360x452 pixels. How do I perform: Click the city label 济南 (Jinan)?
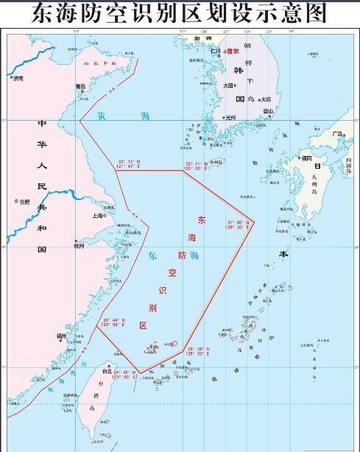18,77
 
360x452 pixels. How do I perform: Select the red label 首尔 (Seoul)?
233,52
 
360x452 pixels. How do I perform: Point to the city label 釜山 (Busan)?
268,111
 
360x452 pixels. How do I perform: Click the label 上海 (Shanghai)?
96,216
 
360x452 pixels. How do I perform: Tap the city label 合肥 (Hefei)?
25,202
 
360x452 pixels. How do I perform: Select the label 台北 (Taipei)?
107,371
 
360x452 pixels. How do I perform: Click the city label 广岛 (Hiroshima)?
337,134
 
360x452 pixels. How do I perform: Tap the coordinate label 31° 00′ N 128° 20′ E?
239,225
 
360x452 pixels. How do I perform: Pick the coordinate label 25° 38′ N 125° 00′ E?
199,351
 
